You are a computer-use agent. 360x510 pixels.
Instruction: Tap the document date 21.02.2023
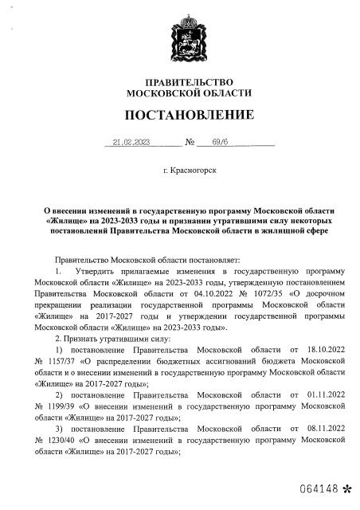coord(132,144)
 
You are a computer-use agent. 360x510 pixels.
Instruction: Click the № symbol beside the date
coord(190,145)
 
